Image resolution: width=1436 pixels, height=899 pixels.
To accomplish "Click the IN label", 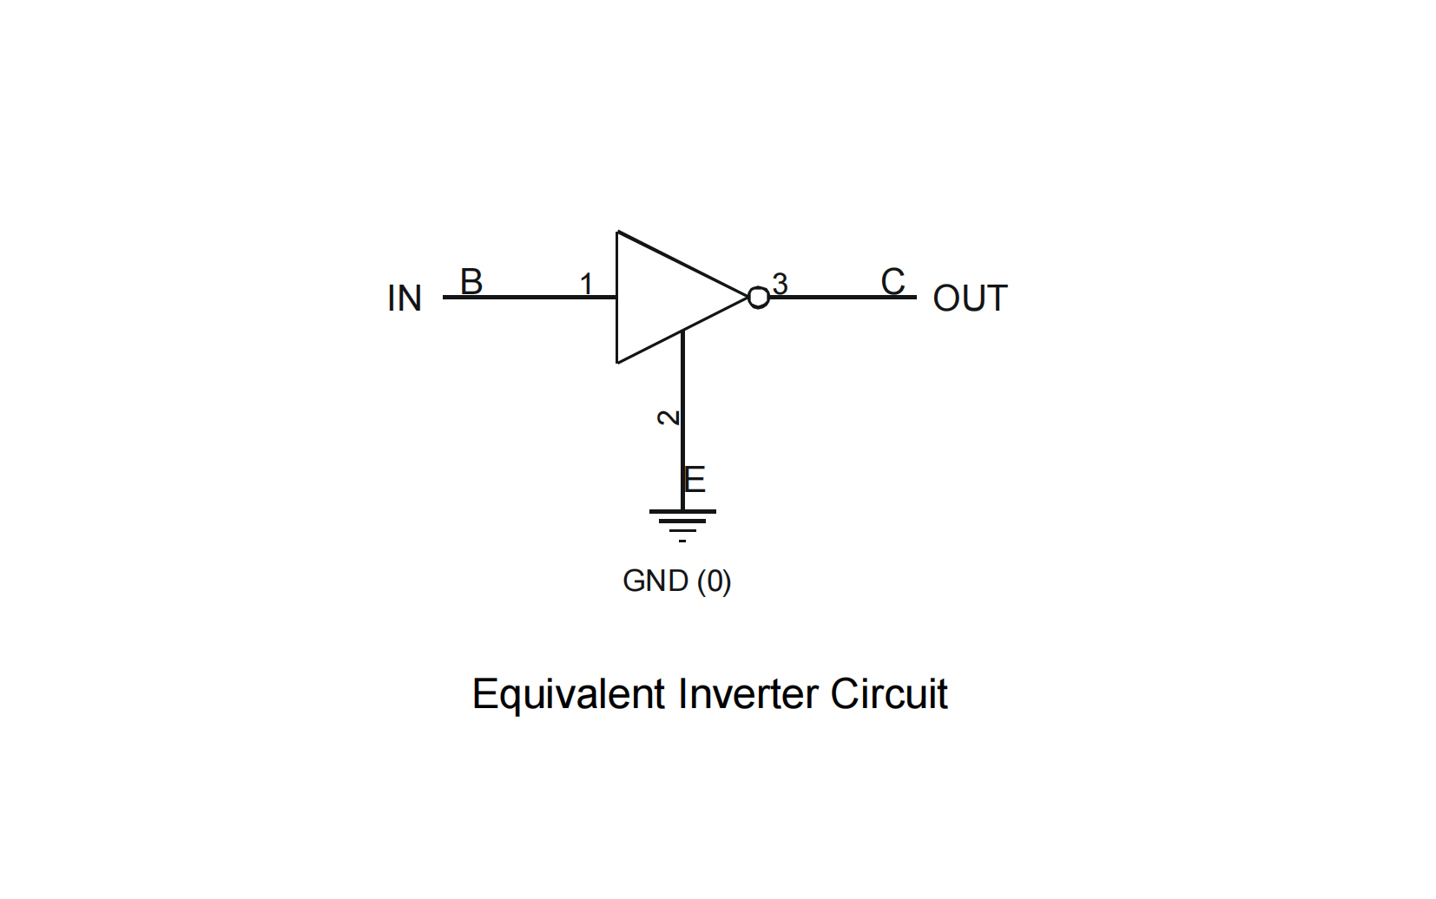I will tap(405, 299).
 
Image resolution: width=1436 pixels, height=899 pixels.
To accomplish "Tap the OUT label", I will tap(970, 299).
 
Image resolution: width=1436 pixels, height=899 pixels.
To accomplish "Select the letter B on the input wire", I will tap(471, 281).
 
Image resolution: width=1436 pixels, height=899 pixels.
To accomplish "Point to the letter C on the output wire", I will tap(893, 281).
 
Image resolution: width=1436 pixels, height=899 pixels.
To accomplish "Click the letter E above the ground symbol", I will tap(695, 479).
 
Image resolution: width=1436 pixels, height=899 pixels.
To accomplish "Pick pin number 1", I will tap(586, 284).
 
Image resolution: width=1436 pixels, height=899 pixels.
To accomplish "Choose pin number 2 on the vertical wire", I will tap(668, 417).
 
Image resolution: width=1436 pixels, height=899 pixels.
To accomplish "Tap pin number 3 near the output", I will tap(780, 284).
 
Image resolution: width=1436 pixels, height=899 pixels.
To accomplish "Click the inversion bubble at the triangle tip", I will tap(758, 298).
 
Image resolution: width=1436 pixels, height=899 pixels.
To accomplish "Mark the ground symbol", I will tap(682, 522).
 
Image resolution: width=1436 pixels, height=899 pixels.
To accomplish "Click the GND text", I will tap(655, 581).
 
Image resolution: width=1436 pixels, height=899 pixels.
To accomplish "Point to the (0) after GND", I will tap(714, 581).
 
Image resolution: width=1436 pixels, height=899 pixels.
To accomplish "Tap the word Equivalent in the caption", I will tap(569, 694).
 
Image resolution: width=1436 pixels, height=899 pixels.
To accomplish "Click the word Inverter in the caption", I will tap(748, 694).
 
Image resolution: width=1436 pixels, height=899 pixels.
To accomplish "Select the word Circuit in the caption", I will tap(888, 694).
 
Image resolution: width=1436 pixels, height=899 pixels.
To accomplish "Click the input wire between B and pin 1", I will tap(530, 297).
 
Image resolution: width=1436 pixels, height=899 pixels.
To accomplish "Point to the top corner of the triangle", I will tap(618, 233).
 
